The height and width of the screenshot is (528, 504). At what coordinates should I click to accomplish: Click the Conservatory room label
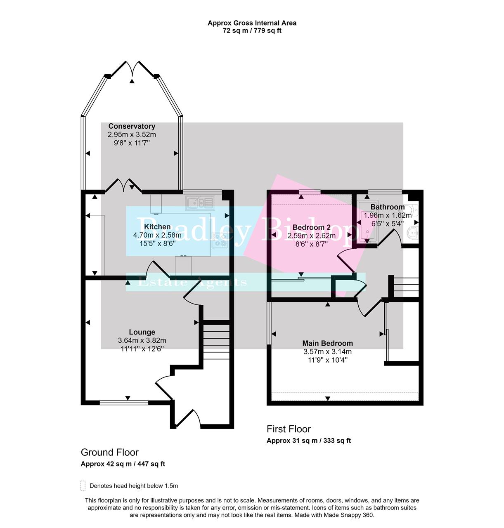click(132, 126)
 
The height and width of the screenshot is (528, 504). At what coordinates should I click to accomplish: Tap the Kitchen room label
click(157, 227)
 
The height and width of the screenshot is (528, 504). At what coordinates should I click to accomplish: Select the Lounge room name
click(142, 332)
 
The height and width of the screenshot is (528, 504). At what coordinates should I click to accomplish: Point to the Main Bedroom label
click(327, 343)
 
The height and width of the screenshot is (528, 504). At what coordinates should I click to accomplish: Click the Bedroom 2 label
click(311, 227)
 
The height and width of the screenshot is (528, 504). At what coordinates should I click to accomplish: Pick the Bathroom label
click(387, 207)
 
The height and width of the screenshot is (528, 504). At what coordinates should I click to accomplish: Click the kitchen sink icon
click(200, 203)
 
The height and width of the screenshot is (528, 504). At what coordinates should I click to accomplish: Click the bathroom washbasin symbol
click(413, 233)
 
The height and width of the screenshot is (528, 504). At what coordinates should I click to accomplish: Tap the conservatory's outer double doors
click(132, 68)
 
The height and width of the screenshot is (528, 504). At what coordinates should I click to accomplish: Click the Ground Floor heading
click(109, 452)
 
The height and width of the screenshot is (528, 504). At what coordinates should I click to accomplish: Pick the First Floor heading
click(289, 429)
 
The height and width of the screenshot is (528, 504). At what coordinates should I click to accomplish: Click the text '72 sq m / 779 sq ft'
click(252, 31)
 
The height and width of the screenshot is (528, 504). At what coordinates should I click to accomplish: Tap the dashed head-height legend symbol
click(83, 486)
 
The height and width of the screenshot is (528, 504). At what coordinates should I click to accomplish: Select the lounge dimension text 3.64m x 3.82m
click(142, 340)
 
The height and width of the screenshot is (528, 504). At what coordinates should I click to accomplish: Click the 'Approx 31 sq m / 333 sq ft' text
click(308, 441)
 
